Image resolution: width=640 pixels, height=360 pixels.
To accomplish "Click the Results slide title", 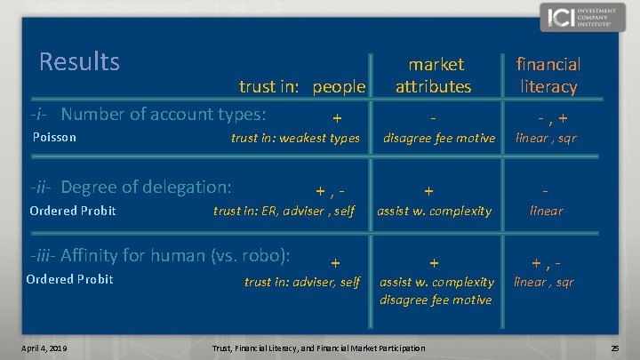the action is pyautogui.click(x=79, y=61).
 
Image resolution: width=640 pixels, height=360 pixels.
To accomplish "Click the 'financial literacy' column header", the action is pyautogui.click(x=548, y=75).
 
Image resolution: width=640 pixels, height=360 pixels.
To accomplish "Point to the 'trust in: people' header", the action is pyautogui.click(x=302, y=86).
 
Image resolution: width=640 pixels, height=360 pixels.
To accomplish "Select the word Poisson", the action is pyautogui.click(x=54, y=138).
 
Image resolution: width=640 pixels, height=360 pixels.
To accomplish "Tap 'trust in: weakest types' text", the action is pyautogui.click(x=295, y=138).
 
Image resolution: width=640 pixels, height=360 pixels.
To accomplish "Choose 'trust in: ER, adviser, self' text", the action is pyautogui.click(x=284, y=211).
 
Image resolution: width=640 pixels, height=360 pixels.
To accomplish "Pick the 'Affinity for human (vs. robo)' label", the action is pyautogui.click(x=160, y=255).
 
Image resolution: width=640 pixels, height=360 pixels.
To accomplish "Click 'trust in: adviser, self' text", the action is pyautogui.click(x=302, y=282).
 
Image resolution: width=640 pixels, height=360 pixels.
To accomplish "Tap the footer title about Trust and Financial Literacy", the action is pyautogui.click(x=317, y=347).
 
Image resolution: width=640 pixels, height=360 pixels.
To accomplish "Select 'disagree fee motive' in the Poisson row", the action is pyautogui.click(x=438, y=138).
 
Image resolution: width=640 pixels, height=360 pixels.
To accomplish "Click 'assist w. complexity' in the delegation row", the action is pyautogui.click(x=434, y=211).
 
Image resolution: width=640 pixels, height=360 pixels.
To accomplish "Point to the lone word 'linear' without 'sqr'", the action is pyautogui.click(x=546, y=211).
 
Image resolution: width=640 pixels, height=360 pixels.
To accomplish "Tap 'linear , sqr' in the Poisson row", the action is pyautogui.click(x=546, y=138).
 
